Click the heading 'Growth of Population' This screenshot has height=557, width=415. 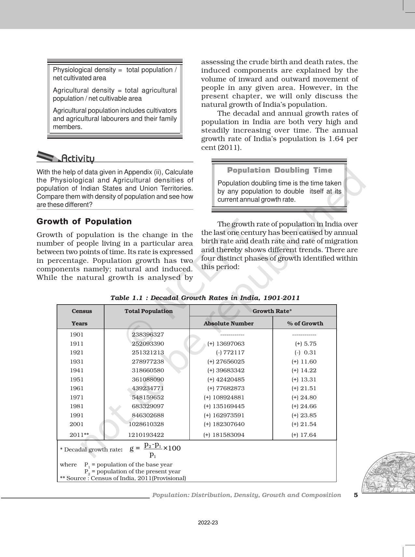[84, 221]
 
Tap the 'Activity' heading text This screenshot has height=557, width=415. [78, 159]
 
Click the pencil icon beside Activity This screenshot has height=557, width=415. [48, 157]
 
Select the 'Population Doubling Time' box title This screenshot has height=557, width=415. [279, 170]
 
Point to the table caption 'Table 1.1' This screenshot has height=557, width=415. [205, 298]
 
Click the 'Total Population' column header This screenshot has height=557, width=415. [148, 311]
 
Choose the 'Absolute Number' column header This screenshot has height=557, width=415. [228, 323]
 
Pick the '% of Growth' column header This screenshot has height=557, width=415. [305, 323]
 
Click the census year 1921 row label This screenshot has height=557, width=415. [76, 352]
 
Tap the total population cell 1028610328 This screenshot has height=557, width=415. [146, 424]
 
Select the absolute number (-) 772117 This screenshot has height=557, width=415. [230, 352]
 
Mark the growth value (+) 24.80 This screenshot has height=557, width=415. [304, 397]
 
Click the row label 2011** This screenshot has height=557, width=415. [79, 435]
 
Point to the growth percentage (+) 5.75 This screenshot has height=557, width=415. [306, 344]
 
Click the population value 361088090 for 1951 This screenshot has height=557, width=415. [148, 379]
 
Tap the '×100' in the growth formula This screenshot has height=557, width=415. [172, 448]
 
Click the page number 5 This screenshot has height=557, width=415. [356, 495]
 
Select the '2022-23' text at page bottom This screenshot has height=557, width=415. [208, 523]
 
